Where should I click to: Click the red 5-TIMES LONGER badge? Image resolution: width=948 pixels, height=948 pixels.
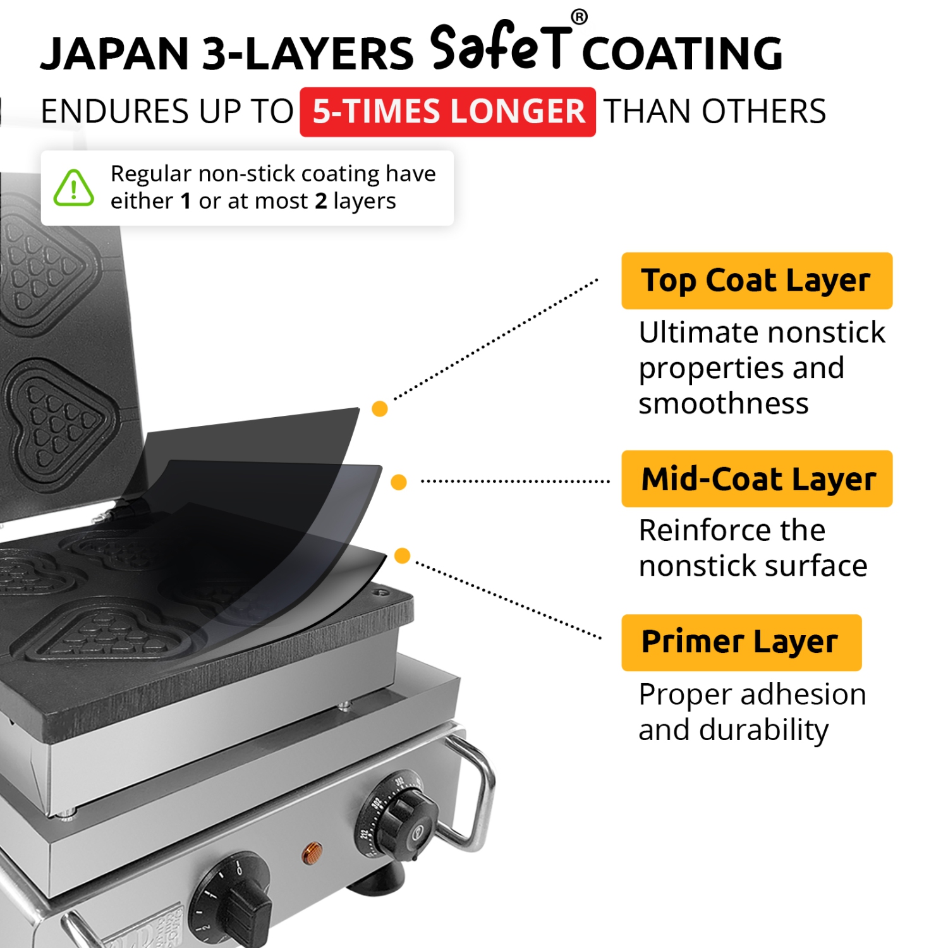point(447,112)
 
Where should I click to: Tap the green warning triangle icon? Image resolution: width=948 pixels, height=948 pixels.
point(74,188)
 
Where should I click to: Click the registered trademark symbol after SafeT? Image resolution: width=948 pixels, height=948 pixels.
point(579,17)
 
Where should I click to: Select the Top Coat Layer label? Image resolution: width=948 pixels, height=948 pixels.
point(757,281)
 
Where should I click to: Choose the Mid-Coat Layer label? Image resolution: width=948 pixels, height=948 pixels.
point(757,478)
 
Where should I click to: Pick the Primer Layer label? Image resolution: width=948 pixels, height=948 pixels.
point(741,642)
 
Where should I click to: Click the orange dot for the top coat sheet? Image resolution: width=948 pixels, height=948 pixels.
point(380,409)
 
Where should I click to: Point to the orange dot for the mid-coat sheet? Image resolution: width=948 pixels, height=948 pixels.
point(399,482)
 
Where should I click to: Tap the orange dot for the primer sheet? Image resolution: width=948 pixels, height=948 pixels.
point(403,556)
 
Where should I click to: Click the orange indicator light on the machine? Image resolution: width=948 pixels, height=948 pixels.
point(312,853)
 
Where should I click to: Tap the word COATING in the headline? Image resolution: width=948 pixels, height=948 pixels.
point(683,54)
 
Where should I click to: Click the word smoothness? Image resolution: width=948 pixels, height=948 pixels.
point(724,404)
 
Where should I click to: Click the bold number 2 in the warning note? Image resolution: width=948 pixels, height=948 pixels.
point(321,201)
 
